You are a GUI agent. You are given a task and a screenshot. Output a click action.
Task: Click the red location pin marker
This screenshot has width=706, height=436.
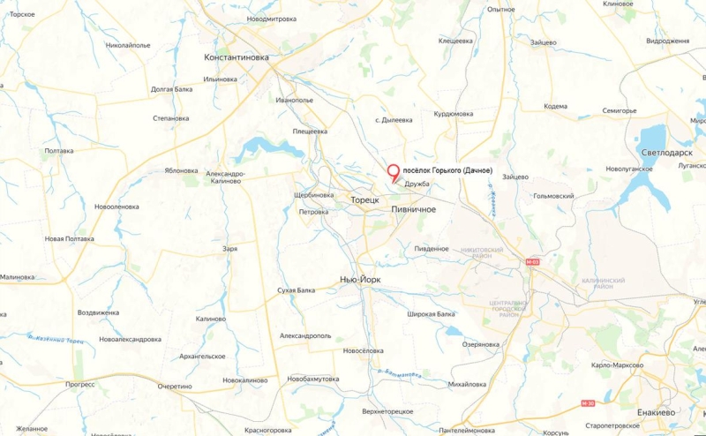[393, 172]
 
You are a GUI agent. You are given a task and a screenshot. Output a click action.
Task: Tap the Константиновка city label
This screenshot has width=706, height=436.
[236, 57]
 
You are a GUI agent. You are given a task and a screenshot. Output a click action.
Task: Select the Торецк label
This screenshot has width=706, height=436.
[364, 200]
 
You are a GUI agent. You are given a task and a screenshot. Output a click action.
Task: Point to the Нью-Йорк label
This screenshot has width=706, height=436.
[361, 279]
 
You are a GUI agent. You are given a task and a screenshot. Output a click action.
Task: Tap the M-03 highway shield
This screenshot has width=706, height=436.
[531, 262]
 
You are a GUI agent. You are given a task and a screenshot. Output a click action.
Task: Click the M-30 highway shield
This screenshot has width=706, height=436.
[588, 402]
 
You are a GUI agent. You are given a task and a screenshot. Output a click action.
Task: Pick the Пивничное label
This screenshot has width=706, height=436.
[414, 209]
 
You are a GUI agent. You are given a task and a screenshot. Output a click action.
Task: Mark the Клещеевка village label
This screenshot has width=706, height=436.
[456, 41]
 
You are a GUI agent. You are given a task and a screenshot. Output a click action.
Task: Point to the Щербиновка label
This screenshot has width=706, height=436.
[313, 195]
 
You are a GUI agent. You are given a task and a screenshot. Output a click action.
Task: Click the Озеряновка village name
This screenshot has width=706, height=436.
[481, 344]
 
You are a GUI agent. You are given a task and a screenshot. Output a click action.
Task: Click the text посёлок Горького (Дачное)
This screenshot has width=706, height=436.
[447, 170]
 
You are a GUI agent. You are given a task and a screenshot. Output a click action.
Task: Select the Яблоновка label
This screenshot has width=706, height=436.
[181, 170]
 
